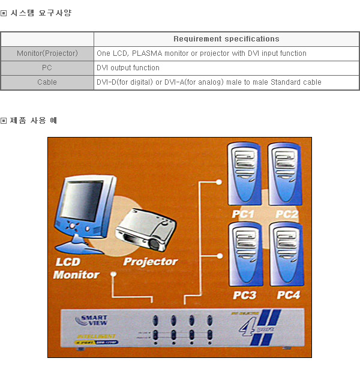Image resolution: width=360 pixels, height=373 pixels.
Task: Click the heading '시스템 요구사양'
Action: (41, 13)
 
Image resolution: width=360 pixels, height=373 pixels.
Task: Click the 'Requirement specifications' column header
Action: (226, 39)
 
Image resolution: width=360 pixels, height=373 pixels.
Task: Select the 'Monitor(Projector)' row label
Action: (47, 53)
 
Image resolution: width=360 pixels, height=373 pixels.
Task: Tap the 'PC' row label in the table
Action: (47, 68)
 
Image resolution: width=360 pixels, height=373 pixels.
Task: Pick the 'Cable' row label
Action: (47, 82)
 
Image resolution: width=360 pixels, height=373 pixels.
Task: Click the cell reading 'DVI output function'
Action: (128, 68)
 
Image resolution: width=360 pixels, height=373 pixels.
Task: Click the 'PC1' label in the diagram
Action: (244, 214)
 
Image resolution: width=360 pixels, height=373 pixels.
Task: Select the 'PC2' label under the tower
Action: (287, 214)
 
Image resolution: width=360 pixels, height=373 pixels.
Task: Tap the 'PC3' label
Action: (244, 295)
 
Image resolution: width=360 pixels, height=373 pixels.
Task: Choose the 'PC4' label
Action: (288, 295)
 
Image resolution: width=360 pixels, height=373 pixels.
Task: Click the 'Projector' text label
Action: (151, 261)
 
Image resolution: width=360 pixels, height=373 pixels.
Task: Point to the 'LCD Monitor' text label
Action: (76, 268)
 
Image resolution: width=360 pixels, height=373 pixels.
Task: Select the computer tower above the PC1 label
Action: (245, 174)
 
